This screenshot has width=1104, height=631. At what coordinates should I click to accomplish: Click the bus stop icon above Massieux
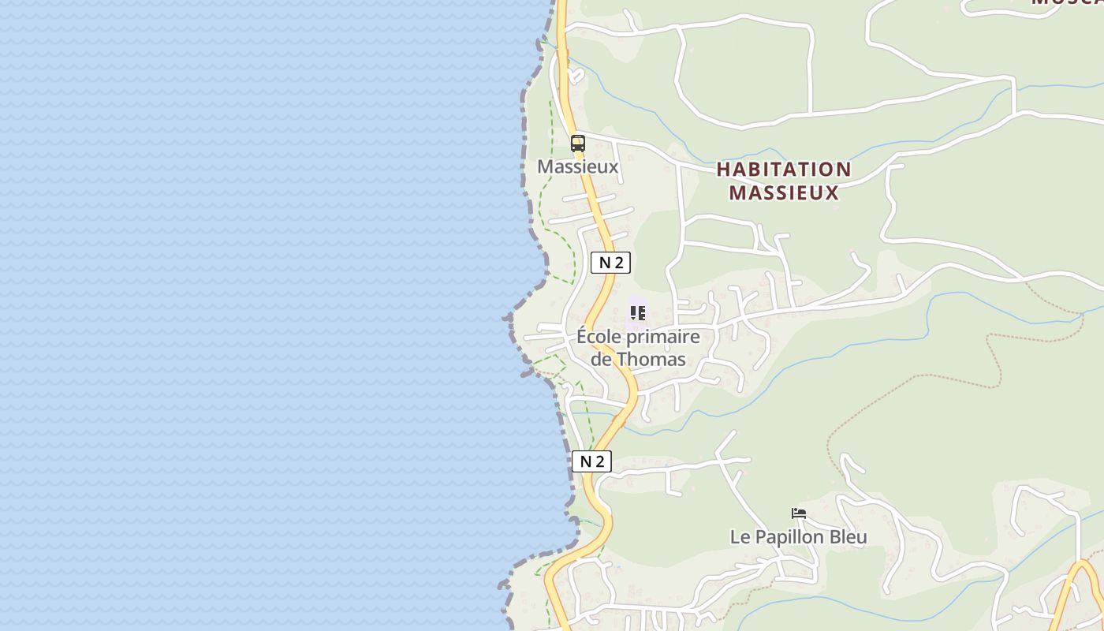[x=578, y=144]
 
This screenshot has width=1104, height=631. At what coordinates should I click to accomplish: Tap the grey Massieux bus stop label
[x=578, y=167]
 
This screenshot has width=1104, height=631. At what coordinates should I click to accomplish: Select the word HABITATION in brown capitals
[x=784, y=170]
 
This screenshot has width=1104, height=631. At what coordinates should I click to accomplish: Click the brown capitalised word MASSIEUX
[x=784, y=192]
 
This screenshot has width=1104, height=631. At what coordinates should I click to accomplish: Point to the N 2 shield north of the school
[x=610, y=263]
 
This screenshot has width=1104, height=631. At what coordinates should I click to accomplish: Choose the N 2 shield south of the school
[x=591, y=461]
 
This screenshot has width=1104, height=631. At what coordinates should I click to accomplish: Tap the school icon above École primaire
[x=638, y=313]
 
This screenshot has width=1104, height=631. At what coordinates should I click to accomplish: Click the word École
[x=598, y=337]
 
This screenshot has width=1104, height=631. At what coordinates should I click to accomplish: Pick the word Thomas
[x=651, y=359]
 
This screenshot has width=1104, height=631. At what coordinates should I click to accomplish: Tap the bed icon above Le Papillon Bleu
[x=799, y=513]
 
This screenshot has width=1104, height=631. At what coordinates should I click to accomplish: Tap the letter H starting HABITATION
[x=724, y=170]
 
